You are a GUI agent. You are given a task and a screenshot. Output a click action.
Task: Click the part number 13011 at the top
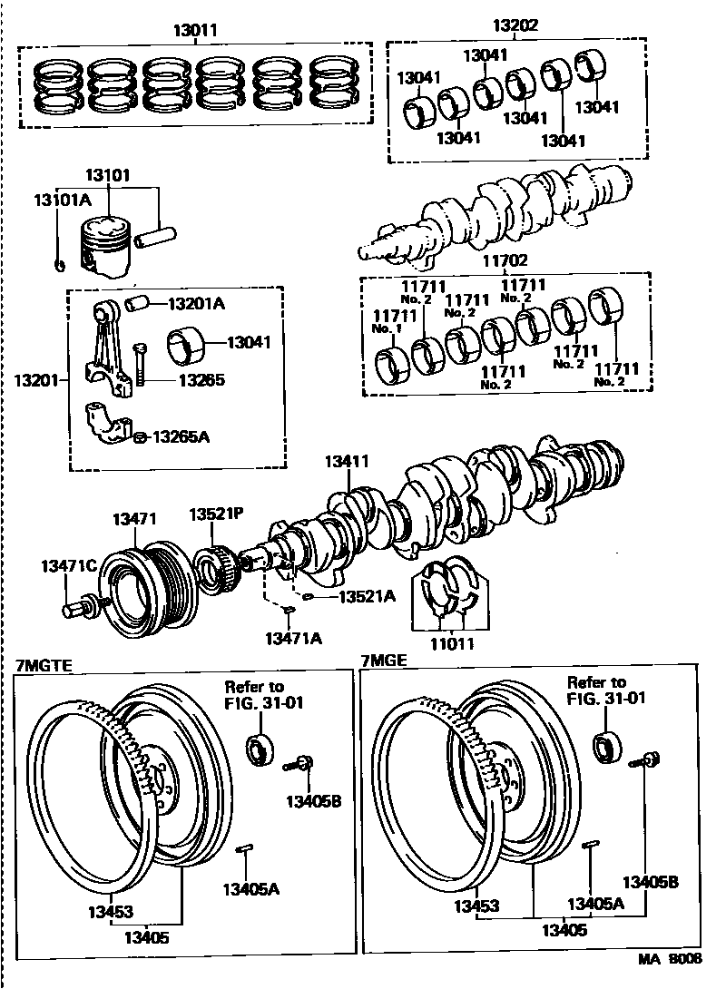tap(195, 31)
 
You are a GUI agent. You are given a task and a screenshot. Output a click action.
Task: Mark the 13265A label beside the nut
tap(181, 436)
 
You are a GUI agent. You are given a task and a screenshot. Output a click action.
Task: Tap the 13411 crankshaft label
tap(348, 462)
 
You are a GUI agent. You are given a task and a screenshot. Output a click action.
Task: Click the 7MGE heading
tap(384, 661)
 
